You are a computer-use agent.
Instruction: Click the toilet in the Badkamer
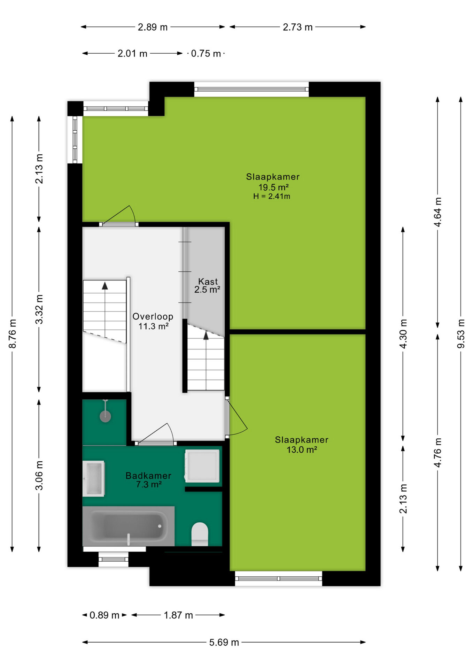[x=200, y=534]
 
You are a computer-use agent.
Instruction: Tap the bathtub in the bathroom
[x=129, y=526]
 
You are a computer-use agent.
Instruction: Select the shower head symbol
[x=105, y=416]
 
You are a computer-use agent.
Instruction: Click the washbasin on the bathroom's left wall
[x=93, y=478]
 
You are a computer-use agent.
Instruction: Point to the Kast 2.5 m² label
[x=208, y=286]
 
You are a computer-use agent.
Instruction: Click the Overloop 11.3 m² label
[x=153, y=321]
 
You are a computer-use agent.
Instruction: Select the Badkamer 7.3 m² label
[x=148, y=480]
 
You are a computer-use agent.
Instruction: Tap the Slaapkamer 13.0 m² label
[x=302, y=445]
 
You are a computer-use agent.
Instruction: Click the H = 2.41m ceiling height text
[x=272, y=196]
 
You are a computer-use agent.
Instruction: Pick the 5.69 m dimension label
[x=224, y=642]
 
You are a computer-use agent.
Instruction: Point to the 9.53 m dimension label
[x=461, y=333]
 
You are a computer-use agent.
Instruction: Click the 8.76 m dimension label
[x=12, y=333]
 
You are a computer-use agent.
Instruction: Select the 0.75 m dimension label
[x=206, y=53]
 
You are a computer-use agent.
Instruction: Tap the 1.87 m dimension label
[x=178, y=615]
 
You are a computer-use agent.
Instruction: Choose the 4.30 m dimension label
[x=403, y=333]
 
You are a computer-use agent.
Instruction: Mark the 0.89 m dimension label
[x=104, y=615]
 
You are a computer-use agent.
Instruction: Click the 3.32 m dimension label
[x=39, y=309]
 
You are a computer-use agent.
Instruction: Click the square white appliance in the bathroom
[x=202, y=466]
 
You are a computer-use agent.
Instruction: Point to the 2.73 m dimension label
[x=297, y=27]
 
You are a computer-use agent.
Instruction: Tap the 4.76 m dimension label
[x=438, y=453]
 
